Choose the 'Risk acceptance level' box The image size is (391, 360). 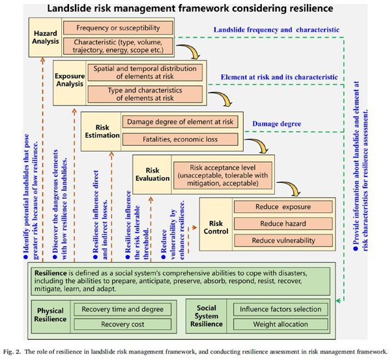(224, 174)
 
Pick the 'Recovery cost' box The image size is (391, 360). (123, 324)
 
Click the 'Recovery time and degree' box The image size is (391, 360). (123, 309)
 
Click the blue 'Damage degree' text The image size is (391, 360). (276, 122)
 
